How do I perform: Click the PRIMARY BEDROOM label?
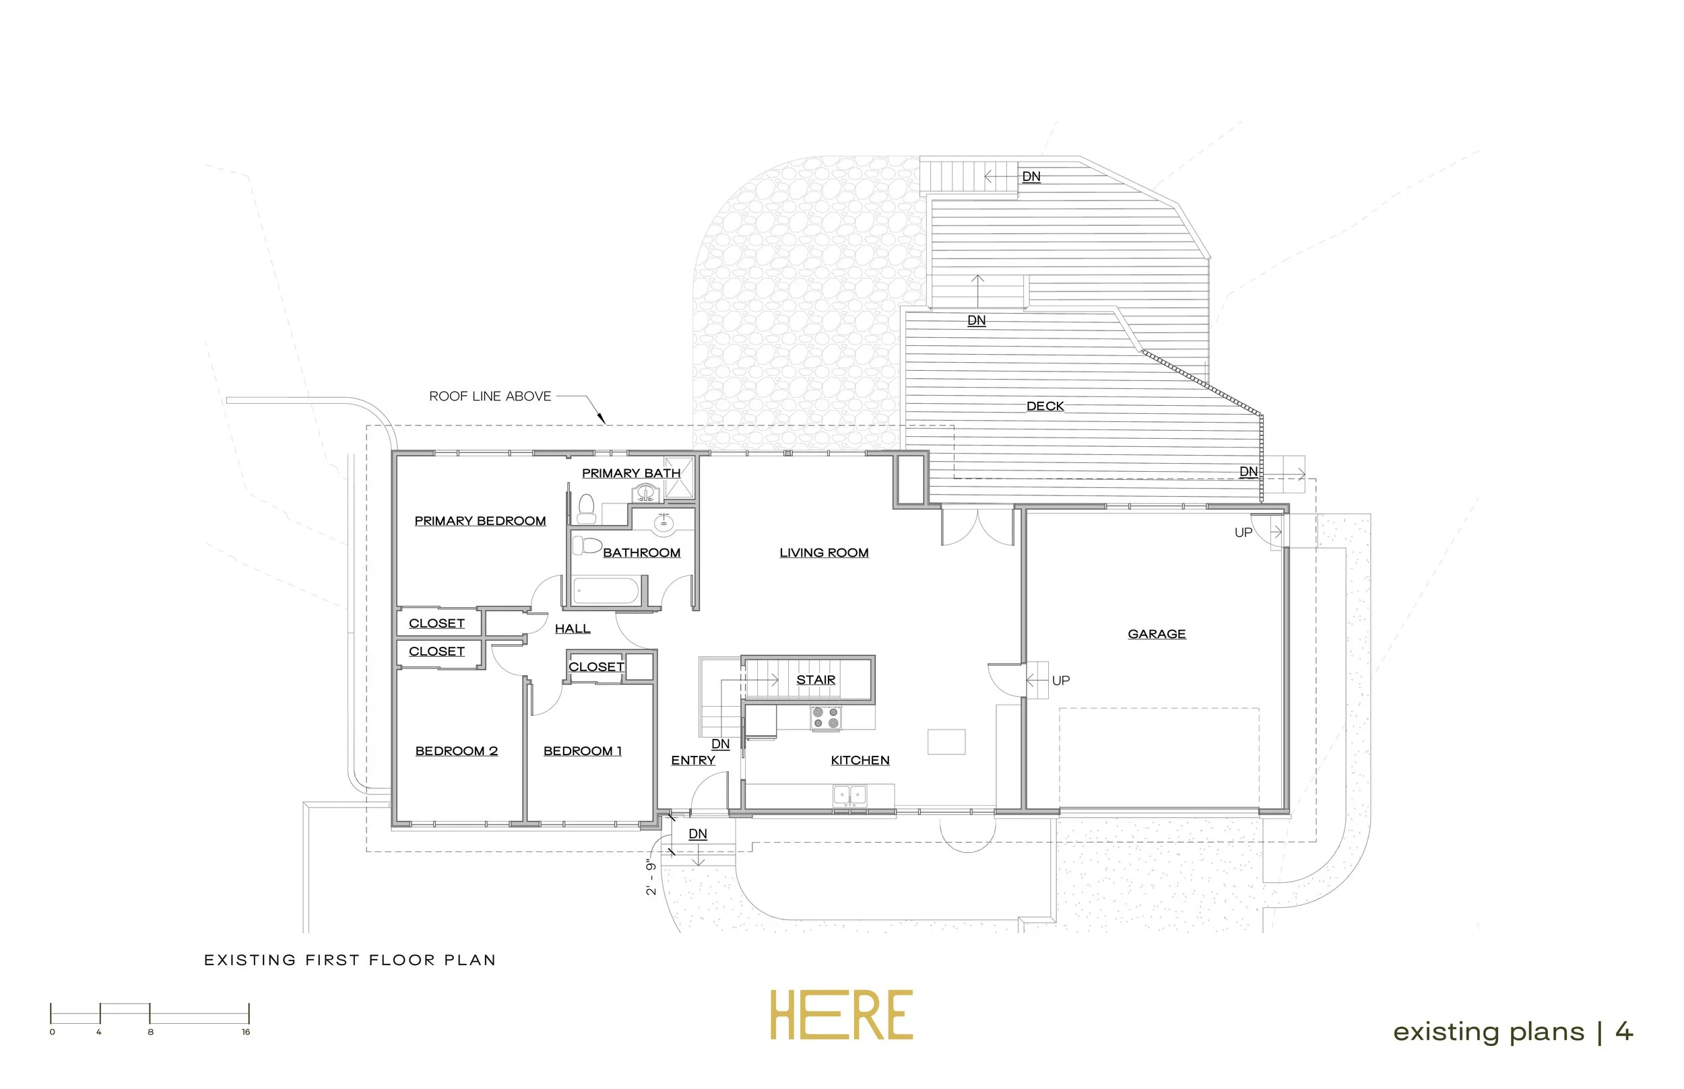480,521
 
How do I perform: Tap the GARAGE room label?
1156,634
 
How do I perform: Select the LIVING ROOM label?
824,553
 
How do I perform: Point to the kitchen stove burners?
826,717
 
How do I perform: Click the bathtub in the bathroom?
606,591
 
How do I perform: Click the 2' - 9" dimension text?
651,878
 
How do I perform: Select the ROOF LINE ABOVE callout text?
490,396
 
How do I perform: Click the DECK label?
1044,407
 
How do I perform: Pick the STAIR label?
815,680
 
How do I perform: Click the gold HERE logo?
841,1016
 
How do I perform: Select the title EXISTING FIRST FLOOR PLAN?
350,960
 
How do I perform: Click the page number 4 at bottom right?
1624,1032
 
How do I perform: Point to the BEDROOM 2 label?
457,751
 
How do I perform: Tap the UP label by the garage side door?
1060,681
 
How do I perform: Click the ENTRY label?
692,760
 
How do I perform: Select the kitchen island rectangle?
946,742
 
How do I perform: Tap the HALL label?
572,629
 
